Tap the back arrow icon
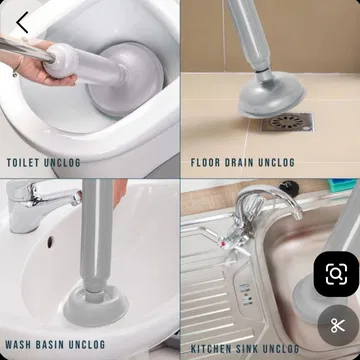[22, 22]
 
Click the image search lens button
[336, 274]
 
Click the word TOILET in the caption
[23, 163]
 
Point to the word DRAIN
[239, 163]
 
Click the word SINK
[247, 349]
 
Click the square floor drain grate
[286, 122]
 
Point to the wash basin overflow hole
[50, 242]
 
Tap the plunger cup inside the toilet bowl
[125, 80]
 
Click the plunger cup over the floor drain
[272, 98]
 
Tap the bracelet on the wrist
[18, 67]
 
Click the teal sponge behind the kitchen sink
[343, 185]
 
